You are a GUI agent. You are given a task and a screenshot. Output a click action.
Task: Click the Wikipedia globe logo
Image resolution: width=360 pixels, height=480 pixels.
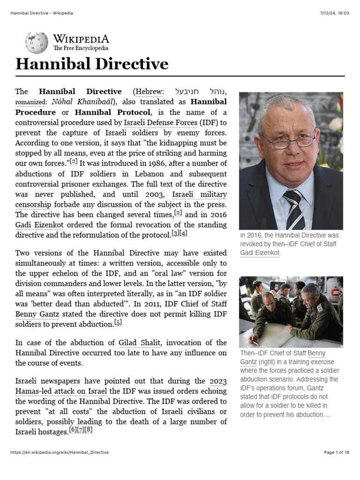(37, 42)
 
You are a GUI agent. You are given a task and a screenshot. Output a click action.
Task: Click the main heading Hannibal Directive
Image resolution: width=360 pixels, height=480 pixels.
(92, 64)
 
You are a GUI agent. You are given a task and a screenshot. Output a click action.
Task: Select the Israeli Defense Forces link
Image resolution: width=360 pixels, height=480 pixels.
(160, 123)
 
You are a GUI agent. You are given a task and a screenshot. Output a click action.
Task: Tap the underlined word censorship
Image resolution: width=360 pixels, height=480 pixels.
(33, 204)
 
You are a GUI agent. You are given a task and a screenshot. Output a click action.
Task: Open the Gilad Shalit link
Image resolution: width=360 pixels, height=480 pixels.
(140, 343)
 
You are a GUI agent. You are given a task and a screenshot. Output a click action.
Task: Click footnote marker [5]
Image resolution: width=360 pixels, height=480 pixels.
(118, 322)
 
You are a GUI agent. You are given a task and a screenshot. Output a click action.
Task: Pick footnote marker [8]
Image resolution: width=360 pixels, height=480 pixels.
(89, 430)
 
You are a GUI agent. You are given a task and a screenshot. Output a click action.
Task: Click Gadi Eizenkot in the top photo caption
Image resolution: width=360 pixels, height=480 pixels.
(260, 253)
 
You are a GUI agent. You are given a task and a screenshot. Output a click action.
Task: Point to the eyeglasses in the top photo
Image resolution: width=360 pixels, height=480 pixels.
(289, 140)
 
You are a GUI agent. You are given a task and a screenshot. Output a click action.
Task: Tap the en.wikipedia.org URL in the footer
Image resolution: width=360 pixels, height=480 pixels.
(60, 452)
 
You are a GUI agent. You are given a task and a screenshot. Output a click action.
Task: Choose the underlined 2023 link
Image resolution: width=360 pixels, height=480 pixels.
(218, 381)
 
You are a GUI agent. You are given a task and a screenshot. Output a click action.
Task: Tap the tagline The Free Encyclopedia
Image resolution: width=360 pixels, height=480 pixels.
(81, 48)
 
